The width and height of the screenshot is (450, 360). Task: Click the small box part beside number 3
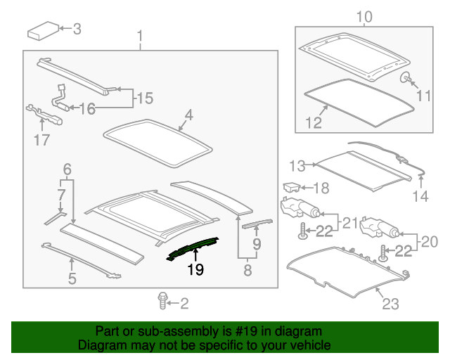pyautogui.click(x=43, y=31)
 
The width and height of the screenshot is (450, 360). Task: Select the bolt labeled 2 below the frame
pyautogui.click(x=163, y=301)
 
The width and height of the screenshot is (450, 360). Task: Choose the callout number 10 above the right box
pyautogui.click(x=364, y=17)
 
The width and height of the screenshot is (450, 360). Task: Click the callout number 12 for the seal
pyautogui.click(x=314, y=123)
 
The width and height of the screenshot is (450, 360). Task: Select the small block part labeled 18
pyautogui.click(x=291, y=187)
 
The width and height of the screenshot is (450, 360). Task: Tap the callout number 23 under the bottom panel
pyautogui.click(x=390, y=304)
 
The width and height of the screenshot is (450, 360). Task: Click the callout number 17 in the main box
pyautogui.click(x=41, y=139)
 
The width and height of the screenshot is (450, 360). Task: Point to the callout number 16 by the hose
pyautogui.click(x=86, y=108)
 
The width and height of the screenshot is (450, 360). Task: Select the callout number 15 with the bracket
pyautogui.click(x=143, y=98)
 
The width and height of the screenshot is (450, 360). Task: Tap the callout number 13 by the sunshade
pyautogui.click(x=298, y=166)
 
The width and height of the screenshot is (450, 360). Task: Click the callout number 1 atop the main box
pyautogui.click(x=139, y=35)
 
